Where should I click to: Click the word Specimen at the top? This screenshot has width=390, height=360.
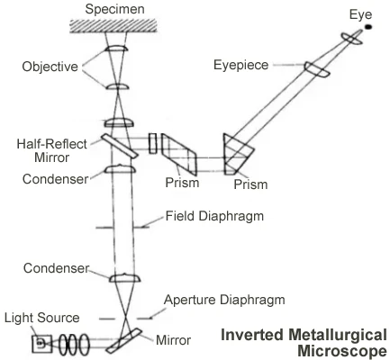[117, 9]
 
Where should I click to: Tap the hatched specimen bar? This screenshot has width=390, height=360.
[117, 29]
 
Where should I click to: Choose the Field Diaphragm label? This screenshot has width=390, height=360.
[208, 216]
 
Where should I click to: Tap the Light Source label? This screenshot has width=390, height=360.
[41, 318]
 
